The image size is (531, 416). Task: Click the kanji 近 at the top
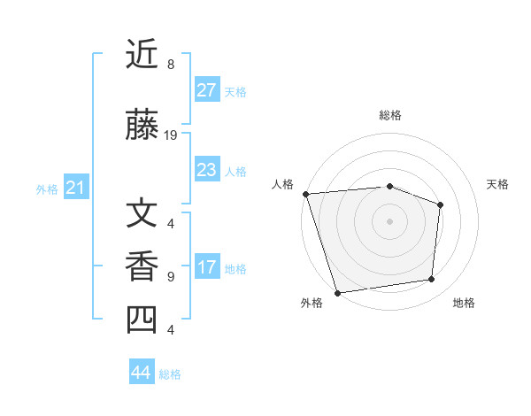click(143, 55)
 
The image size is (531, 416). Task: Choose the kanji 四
click(143, 320)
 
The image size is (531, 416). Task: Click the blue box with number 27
click(206, 90)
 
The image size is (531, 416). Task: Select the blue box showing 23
click(206, 170)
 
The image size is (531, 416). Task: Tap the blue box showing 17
click(206, 268)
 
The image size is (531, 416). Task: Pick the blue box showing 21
click(76, 188)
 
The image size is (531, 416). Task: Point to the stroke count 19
click(172, 135)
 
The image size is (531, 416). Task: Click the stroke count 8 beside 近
click(171, 65)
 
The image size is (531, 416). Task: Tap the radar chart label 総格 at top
click(389, 115)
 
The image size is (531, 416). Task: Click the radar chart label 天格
click(497, 184)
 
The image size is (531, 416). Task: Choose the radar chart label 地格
click(464, 303)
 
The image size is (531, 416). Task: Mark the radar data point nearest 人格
click(305, 194)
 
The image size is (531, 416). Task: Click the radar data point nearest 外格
click(337, 292)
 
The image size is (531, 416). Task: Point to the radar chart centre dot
click(389, 220)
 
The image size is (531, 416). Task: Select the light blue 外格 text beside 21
click(47, 189)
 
